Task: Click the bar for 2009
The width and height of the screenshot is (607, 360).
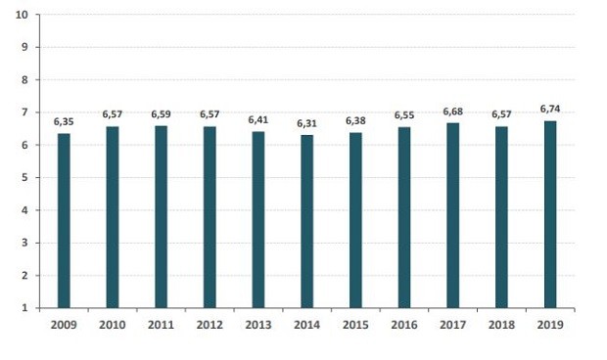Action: [x=64, y=220]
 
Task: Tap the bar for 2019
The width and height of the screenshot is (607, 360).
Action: [x=549, y=214]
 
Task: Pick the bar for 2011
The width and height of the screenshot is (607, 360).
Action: [x=161, y=216]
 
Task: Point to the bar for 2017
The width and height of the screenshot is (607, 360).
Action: [x=452, y=215]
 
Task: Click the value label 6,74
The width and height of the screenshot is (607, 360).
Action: [x=549, y=110]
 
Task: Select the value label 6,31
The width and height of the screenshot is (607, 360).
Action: [x=306, y=123]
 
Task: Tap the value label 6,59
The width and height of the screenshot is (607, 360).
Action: [x=161, y=114]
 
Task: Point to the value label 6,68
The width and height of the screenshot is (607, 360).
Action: [x=452, y=112]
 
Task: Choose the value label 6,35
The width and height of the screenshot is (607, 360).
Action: [x=64, y=122]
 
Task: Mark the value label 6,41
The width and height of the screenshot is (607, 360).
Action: [x=257, y=120]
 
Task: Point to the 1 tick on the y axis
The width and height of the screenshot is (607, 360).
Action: [x=23, y=308]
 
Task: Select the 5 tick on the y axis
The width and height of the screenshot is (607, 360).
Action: [x=23, y=178]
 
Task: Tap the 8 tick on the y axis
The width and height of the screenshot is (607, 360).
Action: [x=23, y=80]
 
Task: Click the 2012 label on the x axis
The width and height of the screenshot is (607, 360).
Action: [x=210, y=325]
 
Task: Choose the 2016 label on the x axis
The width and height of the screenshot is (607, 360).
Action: [x=403, y=325]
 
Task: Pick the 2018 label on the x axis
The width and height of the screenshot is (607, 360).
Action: [x=500, y=325]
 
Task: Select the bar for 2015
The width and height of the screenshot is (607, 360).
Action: [x=355, y=220]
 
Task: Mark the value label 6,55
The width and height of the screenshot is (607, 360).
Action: [x=403, y=115]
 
